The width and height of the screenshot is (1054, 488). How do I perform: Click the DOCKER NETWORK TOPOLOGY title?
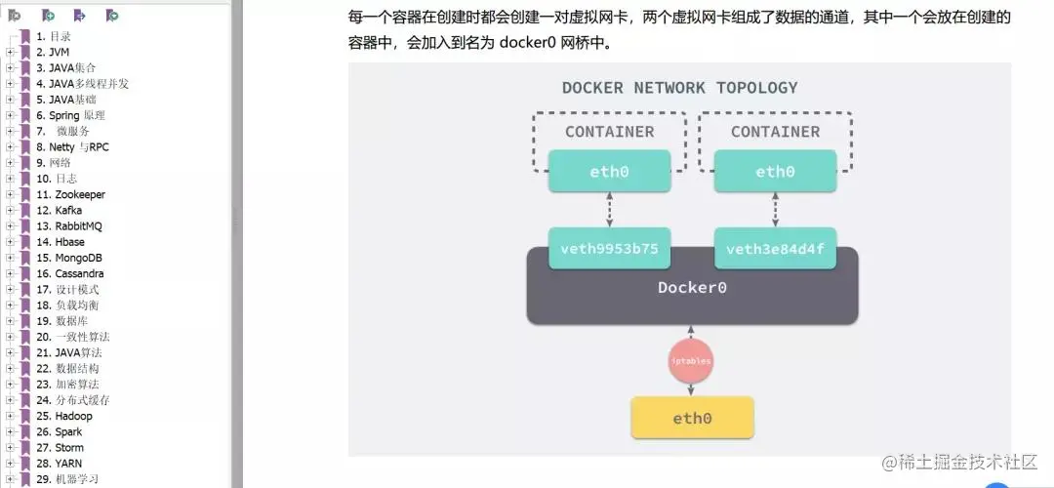pyautogui.click(x=679, y=88)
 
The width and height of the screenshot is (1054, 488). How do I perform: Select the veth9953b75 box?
pyautogui.click(x=609, y=249)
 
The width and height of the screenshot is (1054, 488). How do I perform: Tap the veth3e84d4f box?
pyautogui.click(x=775, y=249)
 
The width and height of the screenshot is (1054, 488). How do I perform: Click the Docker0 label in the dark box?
pyautogui.click(x=692, y=287)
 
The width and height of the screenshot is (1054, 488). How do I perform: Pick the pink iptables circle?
pyautogui.click(x=691, y=361)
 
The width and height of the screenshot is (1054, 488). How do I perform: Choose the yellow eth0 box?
pyautogui.click(x=692, y=418)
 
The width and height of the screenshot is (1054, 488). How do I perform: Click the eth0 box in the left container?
pyautogui.click(x=609, y=172)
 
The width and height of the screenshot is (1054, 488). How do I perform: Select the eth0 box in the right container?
pyautogui.click(x=775, y=172)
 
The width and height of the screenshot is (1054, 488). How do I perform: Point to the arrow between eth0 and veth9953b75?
pyautogui.click(x=610, y=210)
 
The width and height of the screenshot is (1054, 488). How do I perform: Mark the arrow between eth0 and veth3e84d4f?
pyautogui.click(x=776, y=210)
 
